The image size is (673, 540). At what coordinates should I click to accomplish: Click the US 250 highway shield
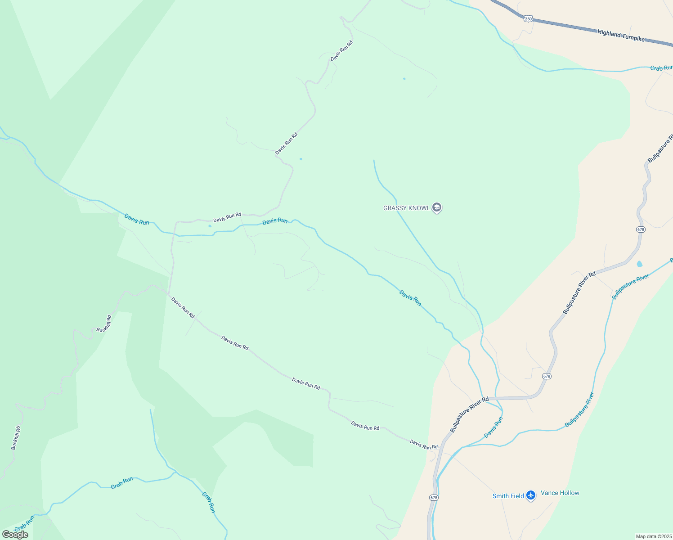point(528,18)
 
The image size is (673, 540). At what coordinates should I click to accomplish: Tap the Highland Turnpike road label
point(621,36)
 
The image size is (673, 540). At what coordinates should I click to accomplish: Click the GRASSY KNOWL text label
point(406,208)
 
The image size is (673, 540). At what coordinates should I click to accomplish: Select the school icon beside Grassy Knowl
point(436,207)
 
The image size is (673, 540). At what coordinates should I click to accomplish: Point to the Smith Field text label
point(508,496)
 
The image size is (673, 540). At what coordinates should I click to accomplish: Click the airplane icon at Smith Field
point(531,495)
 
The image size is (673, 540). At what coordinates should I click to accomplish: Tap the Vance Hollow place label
point(560,493)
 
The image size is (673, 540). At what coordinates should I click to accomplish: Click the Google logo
point(15,534)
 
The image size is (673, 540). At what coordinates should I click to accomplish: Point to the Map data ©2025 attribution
point(653,536)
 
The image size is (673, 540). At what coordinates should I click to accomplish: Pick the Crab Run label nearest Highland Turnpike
point(661,68)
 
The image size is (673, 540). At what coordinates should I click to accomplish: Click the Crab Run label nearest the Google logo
point(24,523)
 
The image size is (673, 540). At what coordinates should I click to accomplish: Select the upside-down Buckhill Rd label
point(104,324)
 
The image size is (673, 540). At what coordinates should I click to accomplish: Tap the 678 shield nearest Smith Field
point(433,497)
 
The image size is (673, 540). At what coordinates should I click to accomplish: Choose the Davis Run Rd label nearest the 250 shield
point(341,51)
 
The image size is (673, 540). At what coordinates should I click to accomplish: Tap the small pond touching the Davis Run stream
point(210,226)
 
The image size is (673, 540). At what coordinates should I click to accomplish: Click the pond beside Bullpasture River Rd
point(639,264)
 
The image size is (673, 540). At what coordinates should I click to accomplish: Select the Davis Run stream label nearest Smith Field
point(494,427)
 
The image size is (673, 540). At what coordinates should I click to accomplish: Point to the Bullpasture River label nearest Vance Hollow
point(579,410)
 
